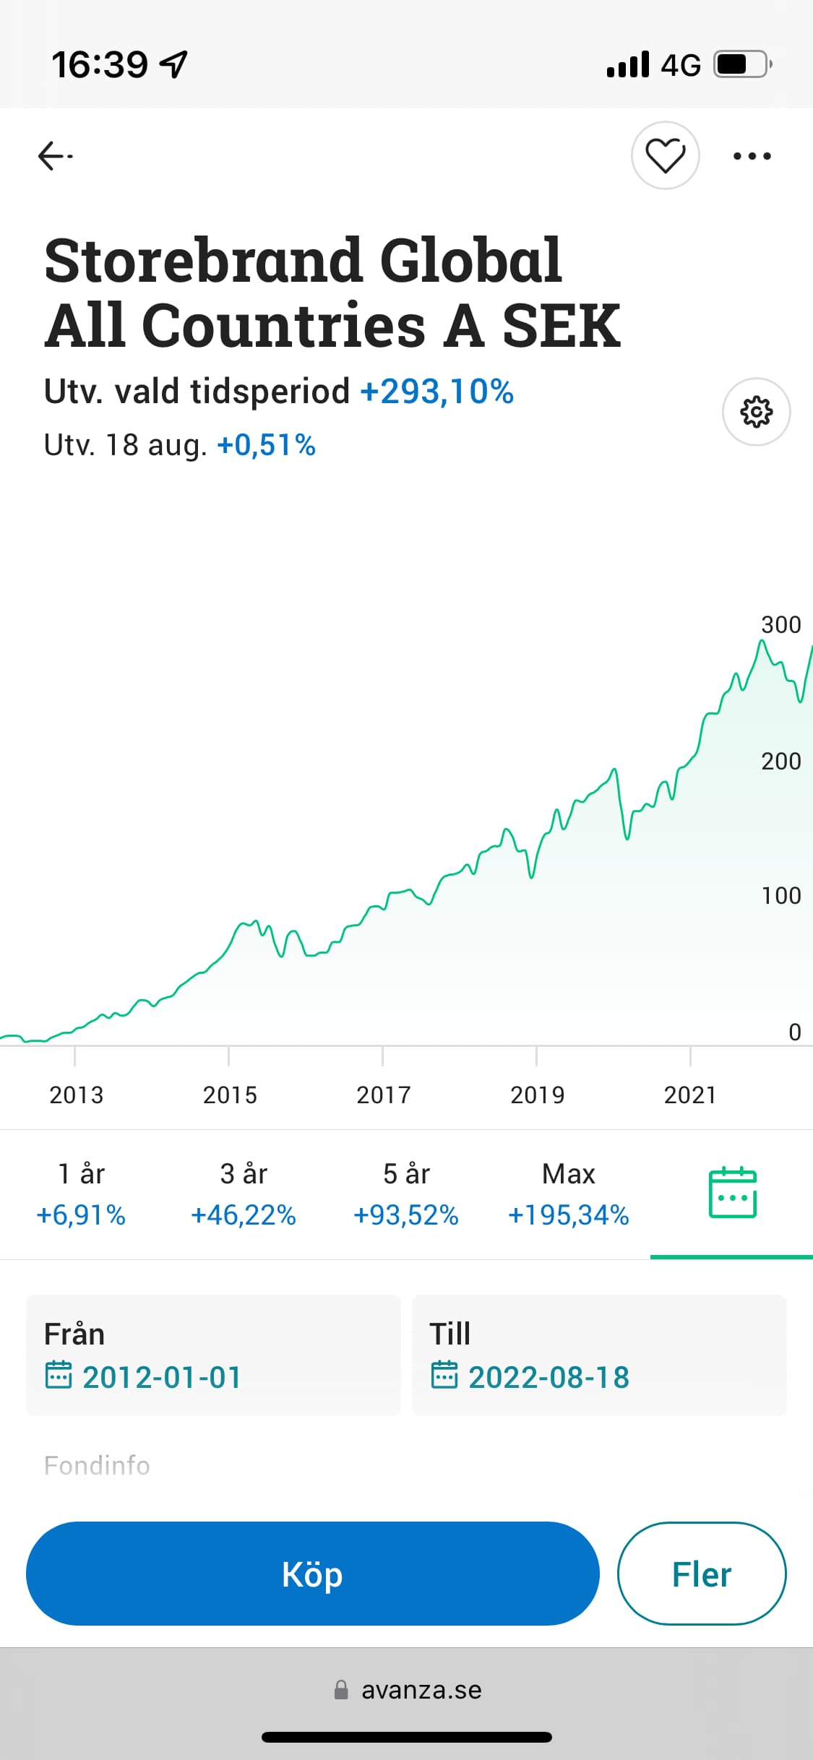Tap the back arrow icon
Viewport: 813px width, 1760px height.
tap(55, 156)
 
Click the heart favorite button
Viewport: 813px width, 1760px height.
tap(665, 155)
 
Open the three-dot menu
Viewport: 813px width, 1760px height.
tap(752, 156)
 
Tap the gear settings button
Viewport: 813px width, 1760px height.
tap(756, 412)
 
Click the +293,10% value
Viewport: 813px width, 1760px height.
tap(436, 392)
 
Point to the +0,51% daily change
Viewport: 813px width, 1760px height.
tap(266, 445)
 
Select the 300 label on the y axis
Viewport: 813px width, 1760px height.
tap(780, 625)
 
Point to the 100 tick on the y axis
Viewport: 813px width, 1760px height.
tap(780, 896)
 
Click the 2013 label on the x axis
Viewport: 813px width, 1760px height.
tap(76, 1095)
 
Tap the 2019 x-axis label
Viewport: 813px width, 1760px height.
tap(537, 1095)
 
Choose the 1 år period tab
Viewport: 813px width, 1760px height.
tap(81, 1194)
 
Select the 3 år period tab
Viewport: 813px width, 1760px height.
tap(244, 1194)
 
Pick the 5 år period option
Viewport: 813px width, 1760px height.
tap(406, 1194)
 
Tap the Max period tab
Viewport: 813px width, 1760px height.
tap(569, 1194)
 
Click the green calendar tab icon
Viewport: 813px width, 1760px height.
tap(732, 1193)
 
